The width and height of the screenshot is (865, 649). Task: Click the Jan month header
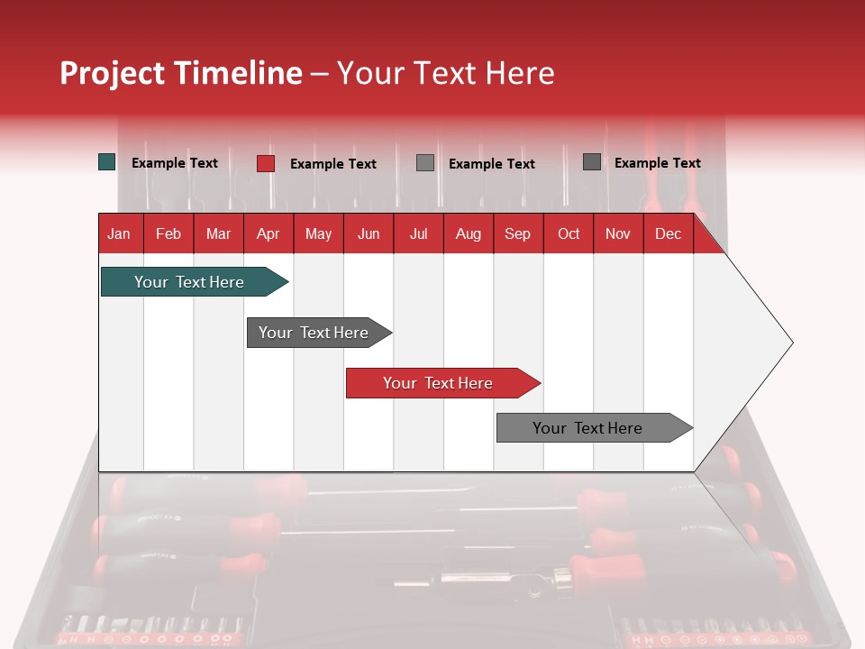click(119, 233)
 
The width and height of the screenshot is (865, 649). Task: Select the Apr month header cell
click(268, 233)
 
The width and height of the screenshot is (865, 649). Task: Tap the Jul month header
click(418, 233)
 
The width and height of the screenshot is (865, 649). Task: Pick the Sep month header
click(517, 233)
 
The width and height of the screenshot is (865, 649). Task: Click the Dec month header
click(668, 233)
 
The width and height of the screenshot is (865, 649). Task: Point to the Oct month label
click(569, 233)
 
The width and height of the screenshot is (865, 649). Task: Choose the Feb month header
click(168, 233)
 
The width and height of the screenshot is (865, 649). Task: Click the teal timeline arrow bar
click(190, 282)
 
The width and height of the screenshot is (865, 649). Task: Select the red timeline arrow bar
click(439, 383)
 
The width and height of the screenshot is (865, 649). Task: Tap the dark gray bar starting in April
click(314, 333)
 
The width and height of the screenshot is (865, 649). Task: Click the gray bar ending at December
click(588, 428)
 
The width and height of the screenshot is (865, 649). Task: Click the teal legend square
click(107, 162)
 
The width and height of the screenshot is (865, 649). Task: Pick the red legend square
click(266, 163)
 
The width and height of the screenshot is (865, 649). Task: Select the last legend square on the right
click(592, 162)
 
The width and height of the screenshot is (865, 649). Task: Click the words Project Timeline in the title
click(180, 73)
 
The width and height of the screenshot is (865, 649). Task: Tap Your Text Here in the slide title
click(445, 73)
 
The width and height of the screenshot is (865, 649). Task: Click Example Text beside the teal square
click(175, 163)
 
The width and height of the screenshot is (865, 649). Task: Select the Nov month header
click(618, 233)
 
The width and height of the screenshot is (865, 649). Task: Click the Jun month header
click(369, 233)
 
